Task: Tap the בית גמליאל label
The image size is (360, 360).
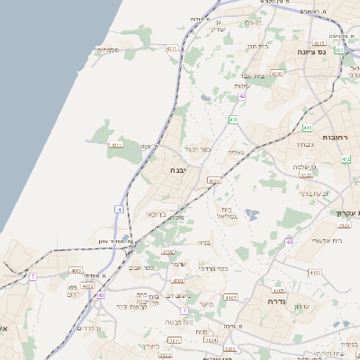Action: (225, 211)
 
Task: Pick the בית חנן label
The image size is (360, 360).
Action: (260, 46)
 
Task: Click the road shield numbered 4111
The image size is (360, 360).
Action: (116, 144)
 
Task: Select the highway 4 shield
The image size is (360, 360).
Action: (119, 209)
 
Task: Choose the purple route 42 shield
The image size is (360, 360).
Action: (242, 95)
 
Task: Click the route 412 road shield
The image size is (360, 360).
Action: (346, 159)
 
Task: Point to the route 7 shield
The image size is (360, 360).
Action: (32, 276)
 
